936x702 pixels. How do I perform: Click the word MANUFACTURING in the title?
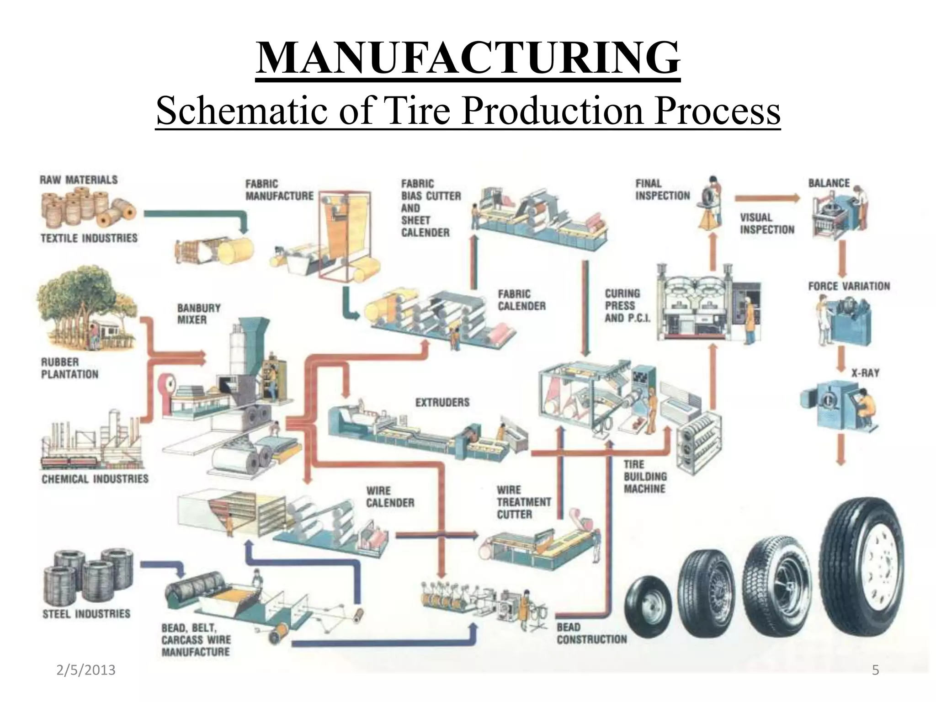tap(468, 58)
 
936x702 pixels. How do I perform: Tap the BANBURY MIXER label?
tap(199, 314)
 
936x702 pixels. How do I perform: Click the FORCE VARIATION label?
tap(849, 287)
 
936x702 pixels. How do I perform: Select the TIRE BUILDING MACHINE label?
tap(645, 476)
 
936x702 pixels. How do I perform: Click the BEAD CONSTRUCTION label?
tap(591, 633)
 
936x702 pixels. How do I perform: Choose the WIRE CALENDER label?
tap(390, 497)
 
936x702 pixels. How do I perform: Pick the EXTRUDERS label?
tap(442, 402)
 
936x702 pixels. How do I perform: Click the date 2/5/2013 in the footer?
tap(86, 670)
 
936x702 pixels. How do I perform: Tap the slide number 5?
tap(875, 670)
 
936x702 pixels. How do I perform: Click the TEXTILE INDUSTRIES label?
tap(89, 238)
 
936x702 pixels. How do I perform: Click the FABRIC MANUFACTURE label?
tap(279, 190)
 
